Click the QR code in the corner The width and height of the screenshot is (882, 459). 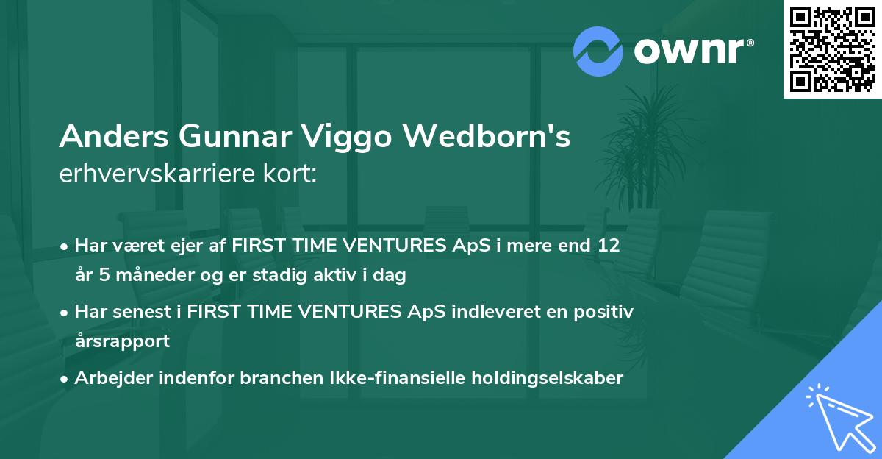[x=832, y=49]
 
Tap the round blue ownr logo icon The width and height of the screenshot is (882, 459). [x=598, y=51]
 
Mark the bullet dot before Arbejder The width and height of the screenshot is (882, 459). [x=65, y=378]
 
